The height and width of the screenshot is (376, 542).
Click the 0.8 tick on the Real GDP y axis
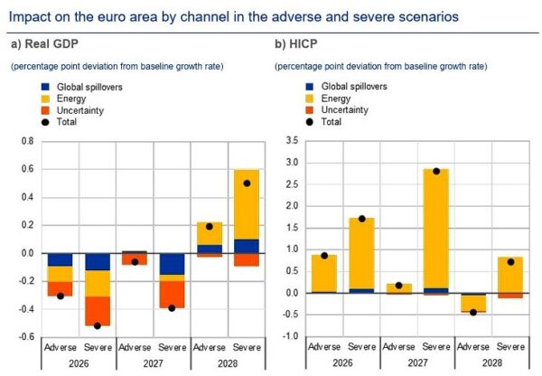click(26, 142)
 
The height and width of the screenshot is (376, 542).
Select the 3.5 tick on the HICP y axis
click(290, 142)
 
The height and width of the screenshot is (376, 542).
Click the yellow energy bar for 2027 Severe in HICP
click(436, 226)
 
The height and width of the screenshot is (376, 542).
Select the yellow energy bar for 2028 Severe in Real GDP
click(247, 204)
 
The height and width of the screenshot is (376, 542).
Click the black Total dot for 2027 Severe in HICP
click(436, 171)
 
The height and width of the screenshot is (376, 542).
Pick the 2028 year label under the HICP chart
click(493, 363)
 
